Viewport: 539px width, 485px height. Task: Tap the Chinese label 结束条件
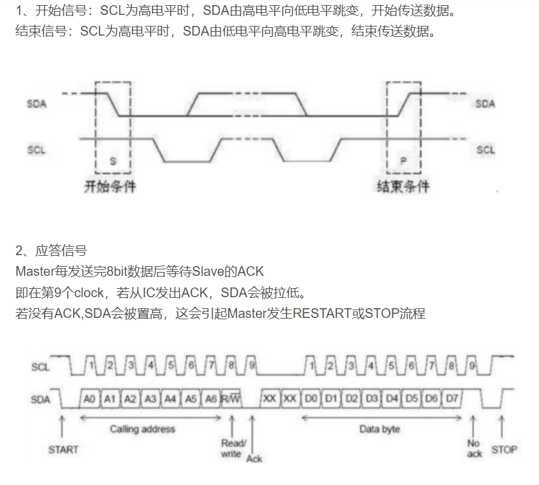click(403, 186)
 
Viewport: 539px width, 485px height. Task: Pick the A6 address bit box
click(211, 399)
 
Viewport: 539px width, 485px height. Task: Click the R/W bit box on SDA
click(231, 399)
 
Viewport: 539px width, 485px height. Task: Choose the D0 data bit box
click(311, 399)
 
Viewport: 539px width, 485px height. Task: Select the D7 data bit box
click(452, 399)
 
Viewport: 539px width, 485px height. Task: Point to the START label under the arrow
click(63, 449)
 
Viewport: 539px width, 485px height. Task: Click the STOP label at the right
click(504, 449)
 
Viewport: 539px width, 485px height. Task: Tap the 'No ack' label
click(474, 449)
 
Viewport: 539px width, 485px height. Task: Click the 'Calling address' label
click(142, 429)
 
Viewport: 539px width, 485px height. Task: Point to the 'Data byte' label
click(379, 429)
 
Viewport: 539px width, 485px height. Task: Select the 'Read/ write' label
click(233, 448)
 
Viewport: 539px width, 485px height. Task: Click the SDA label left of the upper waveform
click(36, 104)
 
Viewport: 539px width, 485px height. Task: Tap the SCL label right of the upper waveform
click(485, 150)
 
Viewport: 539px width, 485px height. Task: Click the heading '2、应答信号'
click(51, 251)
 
